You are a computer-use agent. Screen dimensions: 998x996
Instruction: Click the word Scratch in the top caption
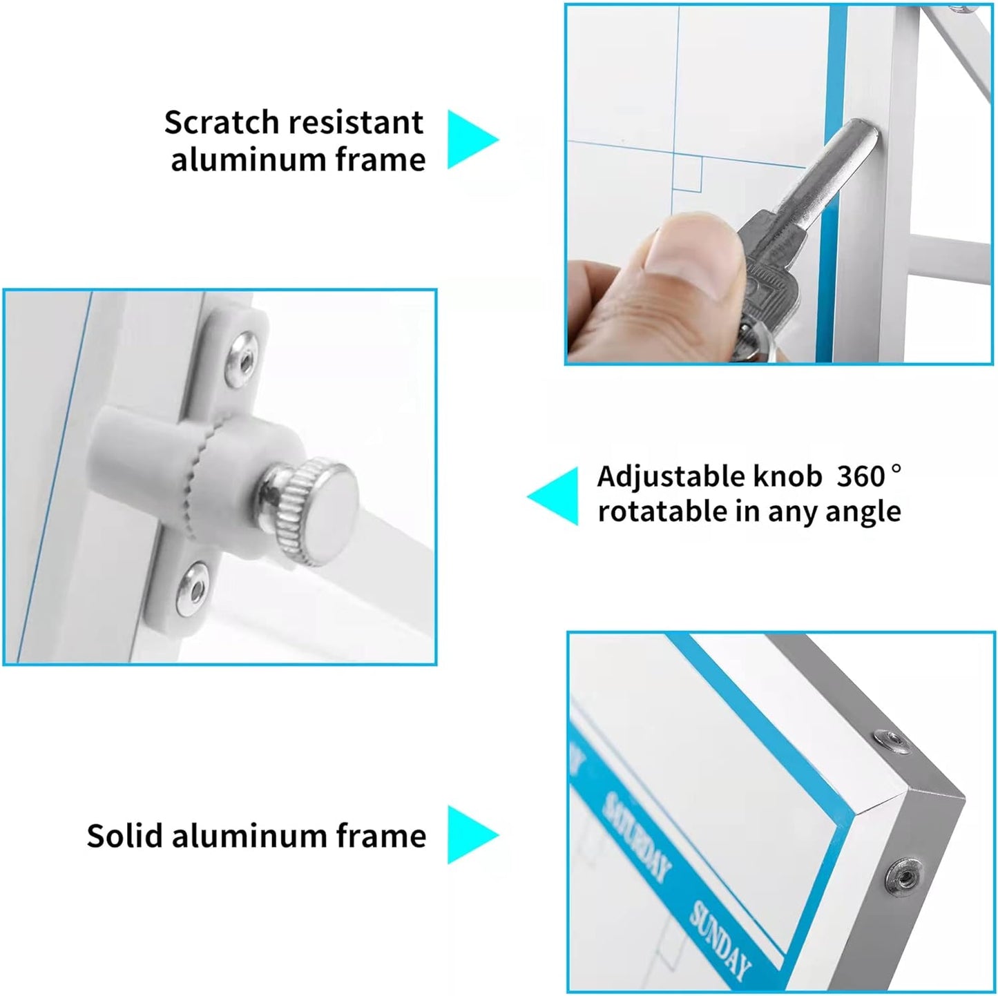(222, 122)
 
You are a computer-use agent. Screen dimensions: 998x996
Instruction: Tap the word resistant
(356, 122)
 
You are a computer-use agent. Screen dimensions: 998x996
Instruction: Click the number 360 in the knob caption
(861, 476)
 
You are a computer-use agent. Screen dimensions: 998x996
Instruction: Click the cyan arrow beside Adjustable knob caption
(553, 496)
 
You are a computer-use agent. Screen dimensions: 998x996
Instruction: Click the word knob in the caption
(787, 476)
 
